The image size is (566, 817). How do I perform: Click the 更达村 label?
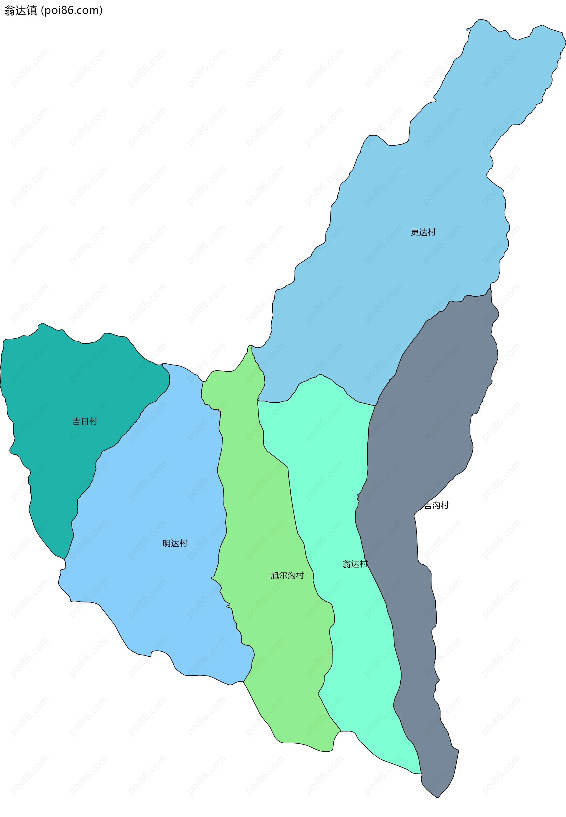coord(423,232)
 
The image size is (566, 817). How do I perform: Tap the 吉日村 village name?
coord(85,421)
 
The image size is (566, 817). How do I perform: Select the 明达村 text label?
coord(175,543)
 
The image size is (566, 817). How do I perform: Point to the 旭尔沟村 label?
coord(287,576)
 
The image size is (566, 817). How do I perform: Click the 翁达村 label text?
coord(355,564)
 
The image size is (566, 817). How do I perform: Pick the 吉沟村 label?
coord(437,505)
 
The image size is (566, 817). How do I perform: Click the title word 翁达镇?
coord(21,11)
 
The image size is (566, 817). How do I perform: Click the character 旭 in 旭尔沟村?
coord(274,576)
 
